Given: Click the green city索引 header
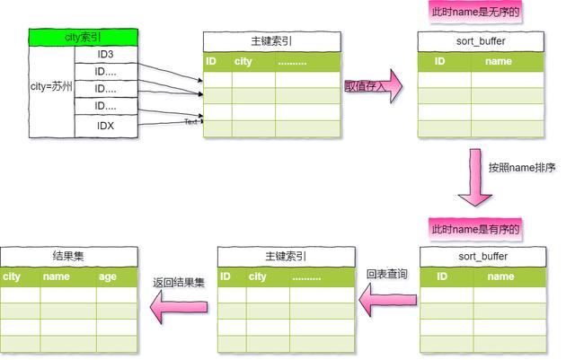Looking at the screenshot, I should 84,37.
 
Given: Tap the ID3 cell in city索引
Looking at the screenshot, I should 106,55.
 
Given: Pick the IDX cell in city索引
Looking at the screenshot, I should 106,127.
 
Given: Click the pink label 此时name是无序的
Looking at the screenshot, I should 476,13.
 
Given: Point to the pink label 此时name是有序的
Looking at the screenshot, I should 476,229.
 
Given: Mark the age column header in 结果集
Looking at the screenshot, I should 108,277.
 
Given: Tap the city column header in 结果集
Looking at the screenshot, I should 12,277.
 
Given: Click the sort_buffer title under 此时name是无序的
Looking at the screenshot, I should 482,41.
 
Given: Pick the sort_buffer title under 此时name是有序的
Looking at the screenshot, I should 482,256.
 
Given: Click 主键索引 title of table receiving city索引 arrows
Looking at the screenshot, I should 271,41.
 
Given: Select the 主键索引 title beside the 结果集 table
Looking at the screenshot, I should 287,256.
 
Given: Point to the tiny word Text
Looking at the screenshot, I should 191,121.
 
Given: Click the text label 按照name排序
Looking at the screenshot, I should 522,168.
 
